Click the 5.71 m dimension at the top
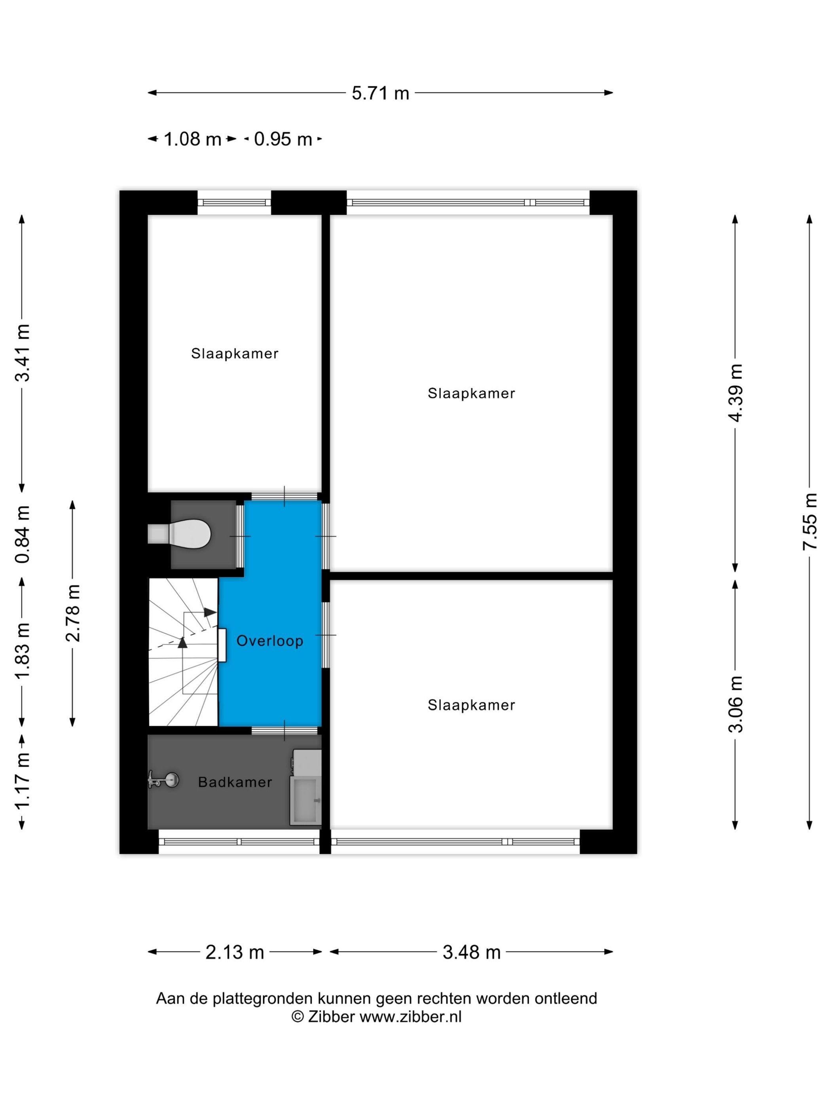[x=380, y=93]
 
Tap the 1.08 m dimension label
[x=192, y=139]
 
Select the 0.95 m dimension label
[x=283, y=139]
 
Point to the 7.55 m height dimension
[x=810, y=522]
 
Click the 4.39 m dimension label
[x=735, y=393]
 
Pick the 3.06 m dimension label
[x=735, y=704]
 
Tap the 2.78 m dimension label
[x=73, y=613]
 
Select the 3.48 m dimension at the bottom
[x=471, y=952]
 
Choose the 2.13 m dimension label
[x=234, y=952]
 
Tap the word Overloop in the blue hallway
[x=269, y=641]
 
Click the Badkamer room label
[x=235, y=782]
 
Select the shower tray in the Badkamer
[x=305, y=800]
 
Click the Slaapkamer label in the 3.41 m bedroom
[x=234, y=354]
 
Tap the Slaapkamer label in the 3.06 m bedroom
[x=471, y=705]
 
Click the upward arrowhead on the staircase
[x=182, y=643]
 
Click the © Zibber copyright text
[x=376, y=1017]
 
